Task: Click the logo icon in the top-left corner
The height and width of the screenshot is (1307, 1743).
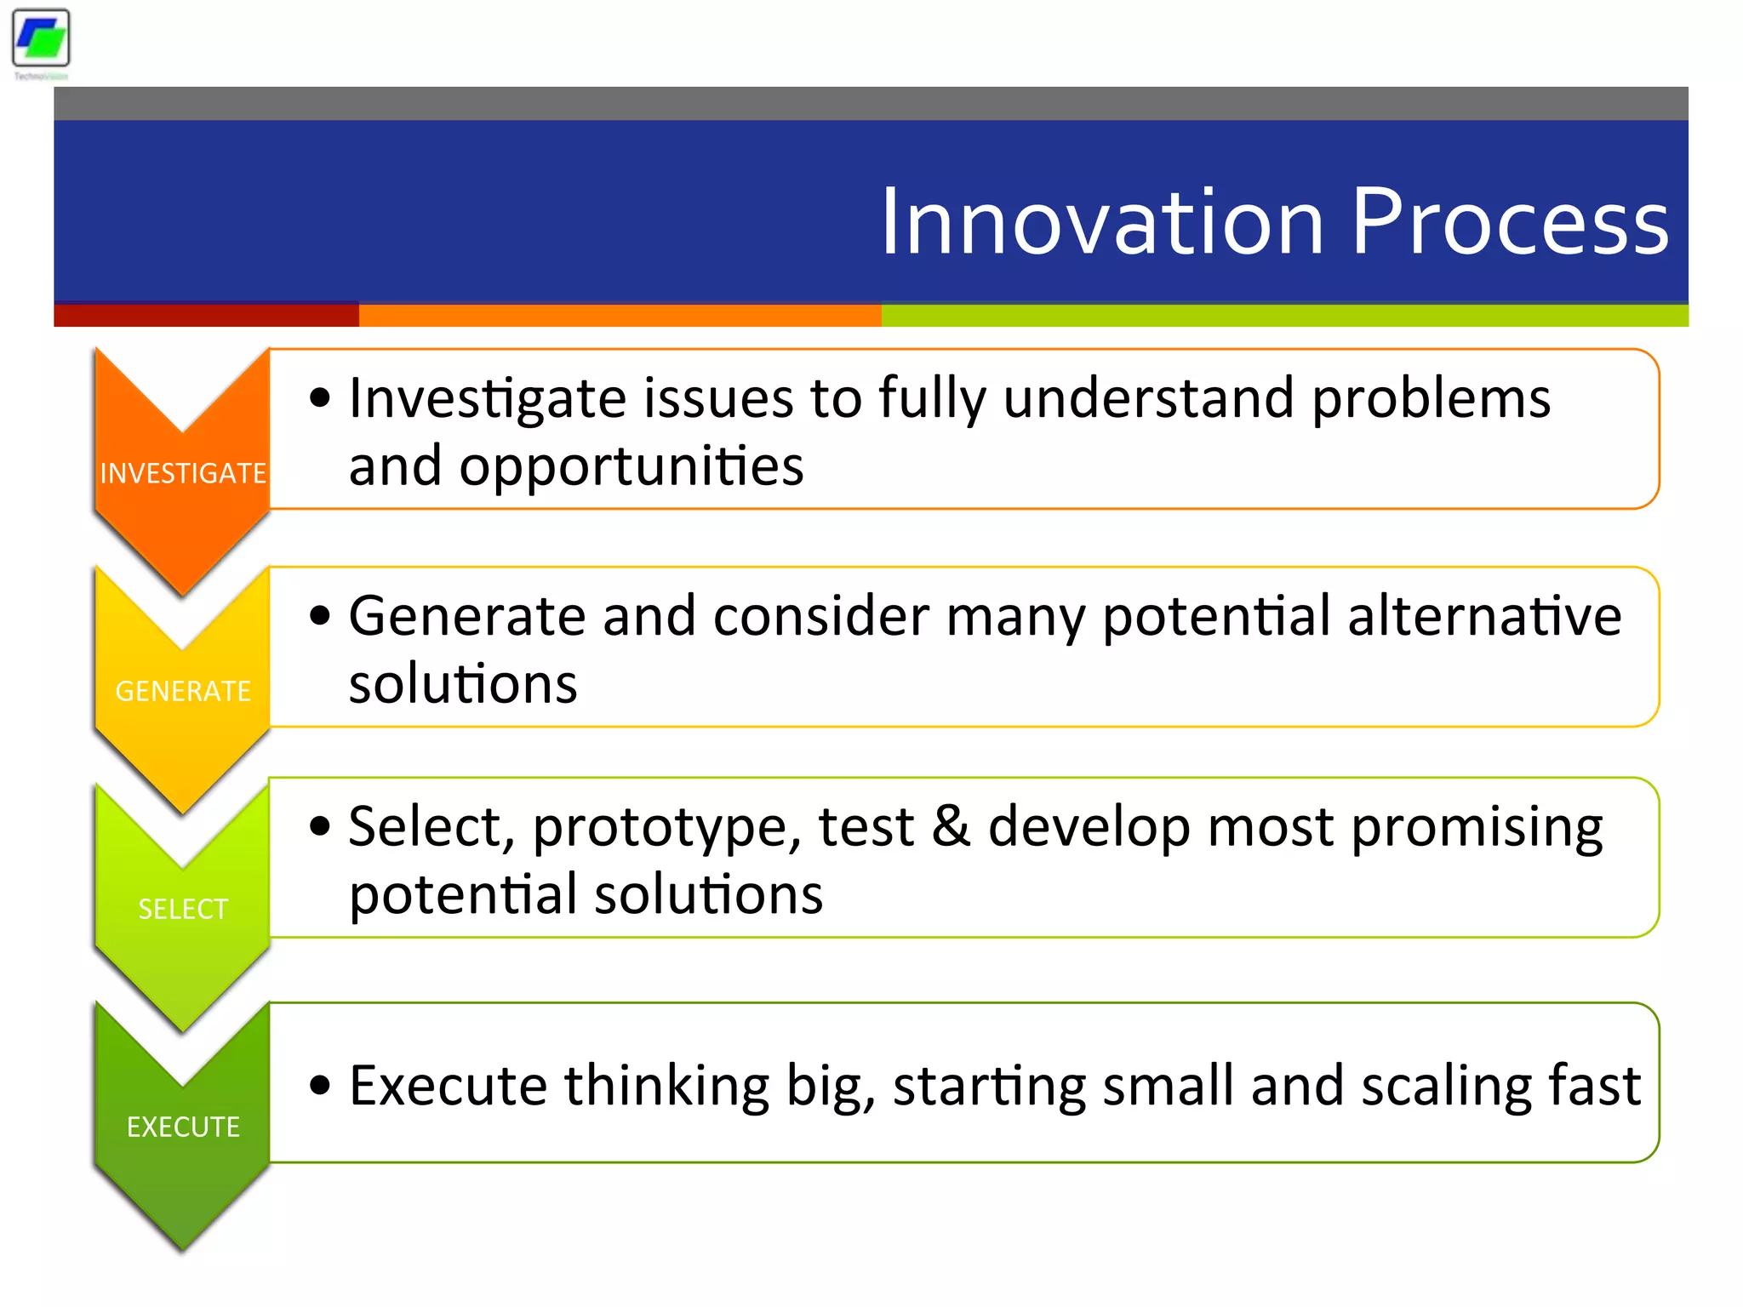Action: pyautogui.click(x=41, y=38)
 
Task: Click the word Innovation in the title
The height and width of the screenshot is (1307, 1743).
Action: pyautogui.click(x=1102, y=223)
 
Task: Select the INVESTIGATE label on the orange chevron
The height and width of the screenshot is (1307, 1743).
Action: pyautogui.click(x=183, y=473)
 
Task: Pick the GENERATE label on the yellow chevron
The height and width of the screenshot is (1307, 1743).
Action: pyautogui.click(x=183, y=691)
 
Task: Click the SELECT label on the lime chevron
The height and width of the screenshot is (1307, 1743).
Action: pyautogui.click(x=183, y=909)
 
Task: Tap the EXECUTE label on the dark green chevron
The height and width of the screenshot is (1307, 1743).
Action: pyautogui.click(x=183, y=1127)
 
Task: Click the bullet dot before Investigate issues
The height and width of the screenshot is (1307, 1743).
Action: pyautogui.click(x=320, y=398)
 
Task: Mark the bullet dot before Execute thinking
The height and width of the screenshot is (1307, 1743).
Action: pyautogui.click(x=320, y=1086)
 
